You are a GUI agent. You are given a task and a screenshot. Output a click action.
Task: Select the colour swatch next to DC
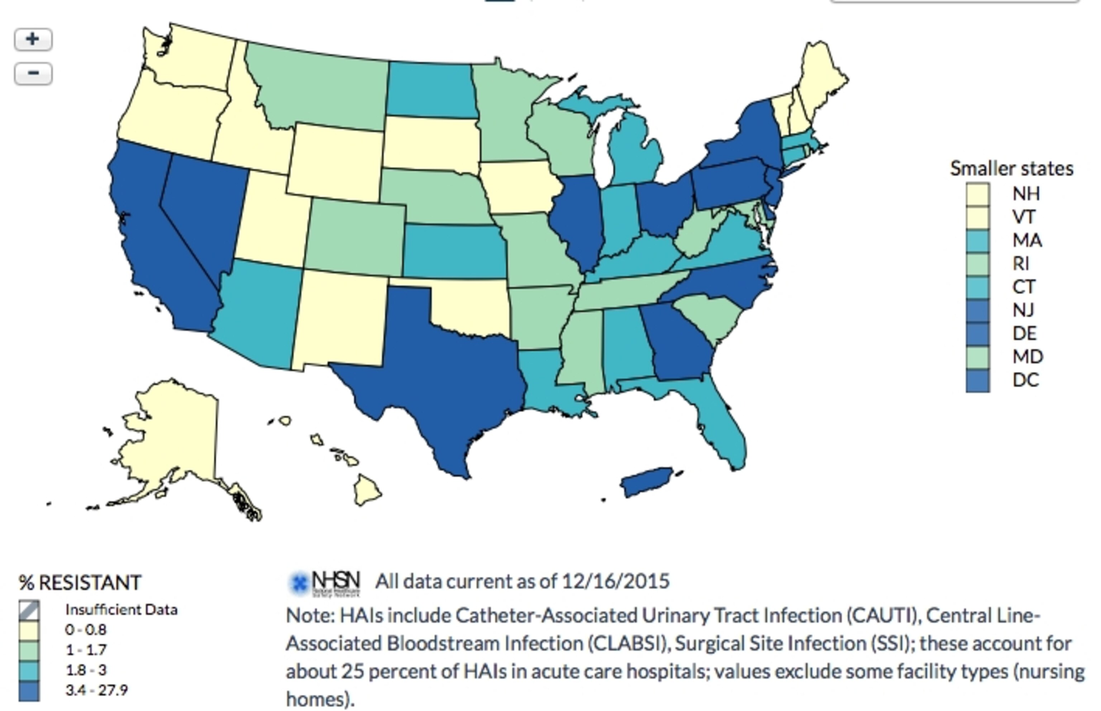tap(978, 381)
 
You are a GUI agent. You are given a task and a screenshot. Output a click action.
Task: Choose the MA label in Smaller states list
tap(1027, 240)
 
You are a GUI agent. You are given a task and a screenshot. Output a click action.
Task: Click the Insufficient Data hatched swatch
tap(29, 610)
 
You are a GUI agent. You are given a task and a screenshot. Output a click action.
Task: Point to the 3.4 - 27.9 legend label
tap(96, 690)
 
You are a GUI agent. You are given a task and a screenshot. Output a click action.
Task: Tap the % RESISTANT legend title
tap(80, 583)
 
